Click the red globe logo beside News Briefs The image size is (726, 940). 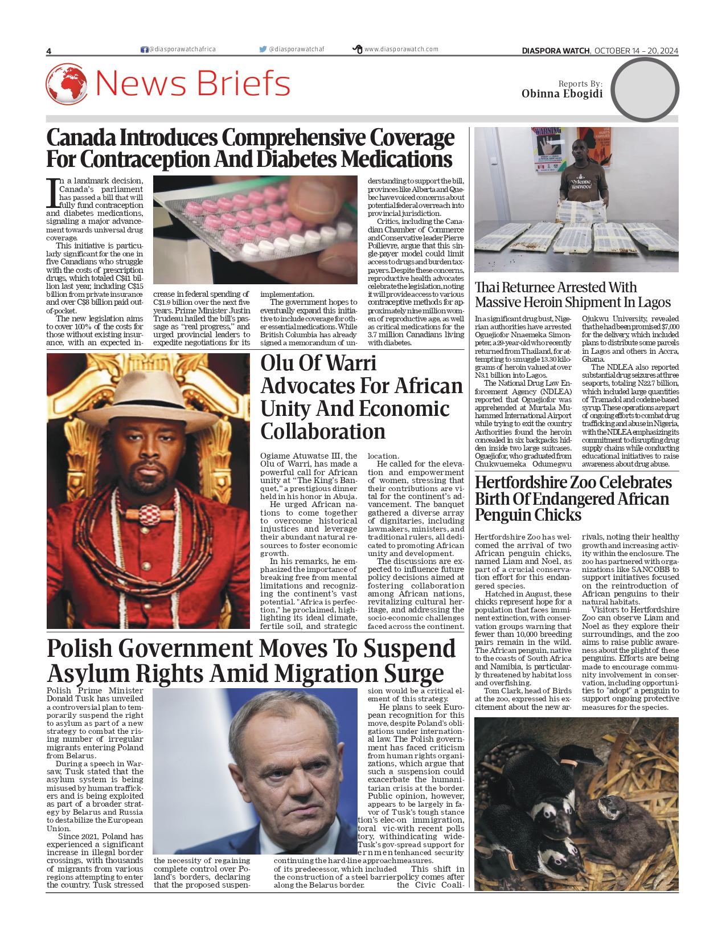[67, 84]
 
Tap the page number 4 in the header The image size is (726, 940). [49, 51]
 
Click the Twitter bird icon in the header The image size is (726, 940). [262, 50]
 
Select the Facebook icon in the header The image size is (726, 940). [144, 50]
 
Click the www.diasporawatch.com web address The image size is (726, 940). [401, 50]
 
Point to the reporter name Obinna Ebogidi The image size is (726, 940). [561, 94]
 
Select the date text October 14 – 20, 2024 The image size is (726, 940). [636, 51]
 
